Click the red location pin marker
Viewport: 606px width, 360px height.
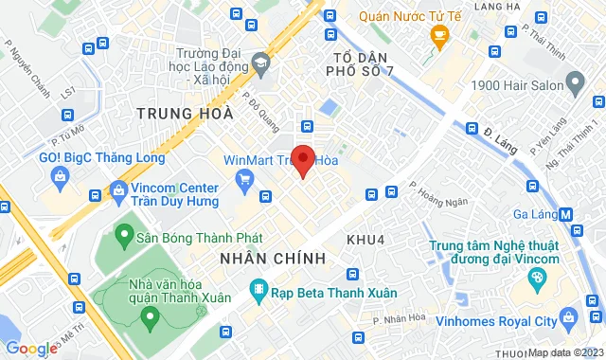pos(302,160)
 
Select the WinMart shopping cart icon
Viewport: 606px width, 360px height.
pos(245,178)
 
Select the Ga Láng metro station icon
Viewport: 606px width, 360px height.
pos(566,214)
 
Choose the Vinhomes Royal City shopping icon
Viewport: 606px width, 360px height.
pos(567,315)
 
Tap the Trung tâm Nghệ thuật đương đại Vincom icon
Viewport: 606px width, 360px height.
pos(537,278)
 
